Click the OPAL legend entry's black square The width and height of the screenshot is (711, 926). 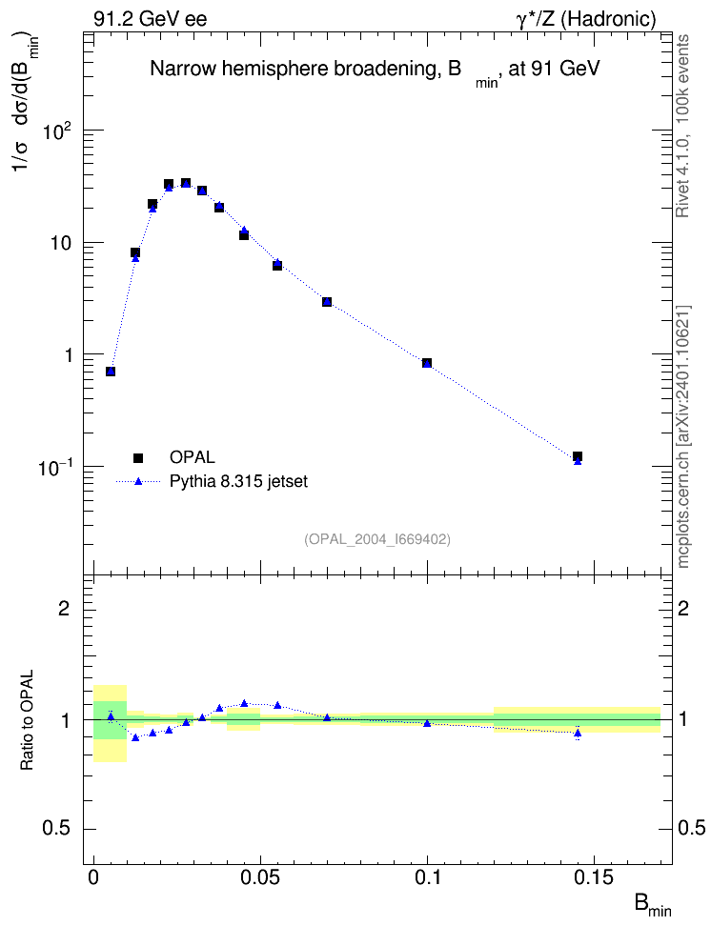coord(138,457)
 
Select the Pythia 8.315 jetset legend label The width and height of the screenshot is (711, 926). coord(239,481)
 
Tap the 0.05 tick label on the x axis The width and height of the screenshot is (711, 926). coord(260,877)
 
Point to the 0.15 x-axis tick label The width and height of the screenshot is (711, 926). coord(594,877)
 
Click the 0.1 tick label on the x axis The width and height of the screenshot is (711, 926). coord(428,877)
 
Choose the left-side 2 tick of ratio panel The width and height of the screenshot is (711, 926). coord(64,608)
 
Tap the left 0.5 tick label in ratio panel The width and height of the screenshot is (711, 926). coord(56,829)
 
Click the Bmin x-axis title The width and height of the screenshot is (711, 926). coord(653,905)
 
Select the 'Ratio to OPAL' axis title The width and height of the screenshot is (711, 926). coord(27,720)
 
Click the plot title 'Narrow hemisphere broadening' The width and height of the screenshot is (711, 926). coord(295,69)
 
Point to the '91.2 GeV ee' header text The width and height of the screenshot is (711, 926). coord(151,19)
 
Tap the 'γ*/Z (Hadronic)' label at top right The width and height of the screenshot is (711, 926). coord(586,19)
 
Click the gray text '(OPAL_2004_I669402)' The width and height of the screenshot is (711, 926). coord(377,539)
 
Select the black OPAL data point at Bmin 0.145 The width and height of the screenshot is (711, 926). coord(578,456)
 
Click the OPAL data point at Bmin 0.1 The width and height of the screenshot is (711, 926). coord(427,363)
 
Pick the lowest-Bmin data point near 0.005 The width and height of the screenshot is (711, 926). coord(111,372)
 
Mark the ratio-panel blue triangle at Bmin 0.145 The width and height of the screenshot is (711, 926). coord(578,734)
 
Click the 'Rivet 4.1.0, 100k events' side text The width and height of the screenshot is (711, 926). coord(682,126)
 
